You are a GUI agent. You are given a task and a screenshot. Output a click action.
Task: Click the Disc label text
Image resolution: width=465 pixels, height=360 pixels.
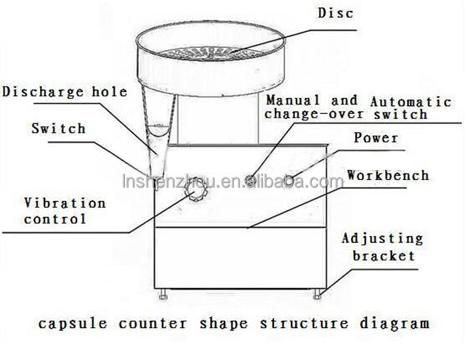336,13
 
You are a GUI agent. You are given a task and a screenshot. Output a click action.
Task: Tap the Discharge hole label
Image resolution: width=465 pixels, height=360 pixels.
65,92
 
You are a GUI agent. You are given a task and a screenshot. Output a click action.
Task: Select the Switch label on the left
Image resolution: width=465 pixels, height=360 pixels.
59,128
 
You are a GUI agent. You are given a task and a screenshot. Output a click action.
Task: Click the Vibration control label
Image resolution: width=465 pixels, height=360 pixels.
65,211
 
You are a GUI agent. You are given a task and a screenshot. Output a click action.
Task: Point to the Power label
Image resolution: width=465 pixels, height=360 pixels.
376,138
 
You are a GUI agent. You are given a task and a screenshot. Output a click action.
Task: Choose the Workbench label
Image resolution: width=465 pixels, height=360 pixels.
388,175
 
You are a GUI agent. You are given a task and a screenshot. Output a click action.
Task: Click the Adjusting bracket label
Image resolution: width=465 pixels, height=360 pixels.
383,247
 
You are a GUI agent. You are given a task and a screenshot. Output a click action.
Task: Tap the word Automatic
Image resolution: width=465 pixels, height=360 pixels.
411,102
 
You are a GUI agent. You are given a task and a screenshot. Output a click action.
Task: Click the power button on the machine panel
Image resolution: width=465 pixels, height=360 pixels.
288,179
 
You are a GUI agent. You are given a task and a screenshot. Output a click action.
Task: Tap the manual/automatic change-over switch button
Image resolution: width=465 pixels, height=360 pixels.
251,180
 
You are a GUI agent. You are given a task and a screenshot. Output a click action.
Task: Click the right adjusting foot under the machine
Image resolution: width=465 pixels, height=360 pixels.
318,294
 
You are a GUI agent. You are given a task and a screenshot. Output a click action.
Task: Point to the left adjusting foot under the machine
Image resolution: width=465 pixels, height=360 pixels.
163,294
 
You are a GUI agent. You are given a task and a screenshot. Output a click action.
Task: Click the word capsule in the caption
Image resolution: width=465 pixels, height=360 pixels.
73,324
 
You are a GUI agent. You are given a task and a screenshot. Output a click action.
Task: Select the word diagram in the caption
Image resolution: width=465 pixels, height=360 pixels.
395,324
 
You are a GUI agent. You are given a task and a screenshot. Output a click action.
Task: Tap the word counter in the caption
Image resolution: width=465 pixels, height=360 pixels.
153,324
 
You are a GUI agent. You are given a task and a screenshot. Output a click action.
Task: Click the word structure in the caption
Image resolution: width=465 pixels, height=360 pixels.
304,324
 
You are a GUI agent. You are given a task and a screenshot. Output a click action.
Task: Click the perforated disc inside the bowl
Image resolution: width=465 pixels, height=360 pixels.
211,53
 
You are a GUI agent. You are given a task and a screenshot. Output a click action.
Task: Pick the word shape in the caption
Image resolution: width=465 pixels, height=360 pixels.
224,324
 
